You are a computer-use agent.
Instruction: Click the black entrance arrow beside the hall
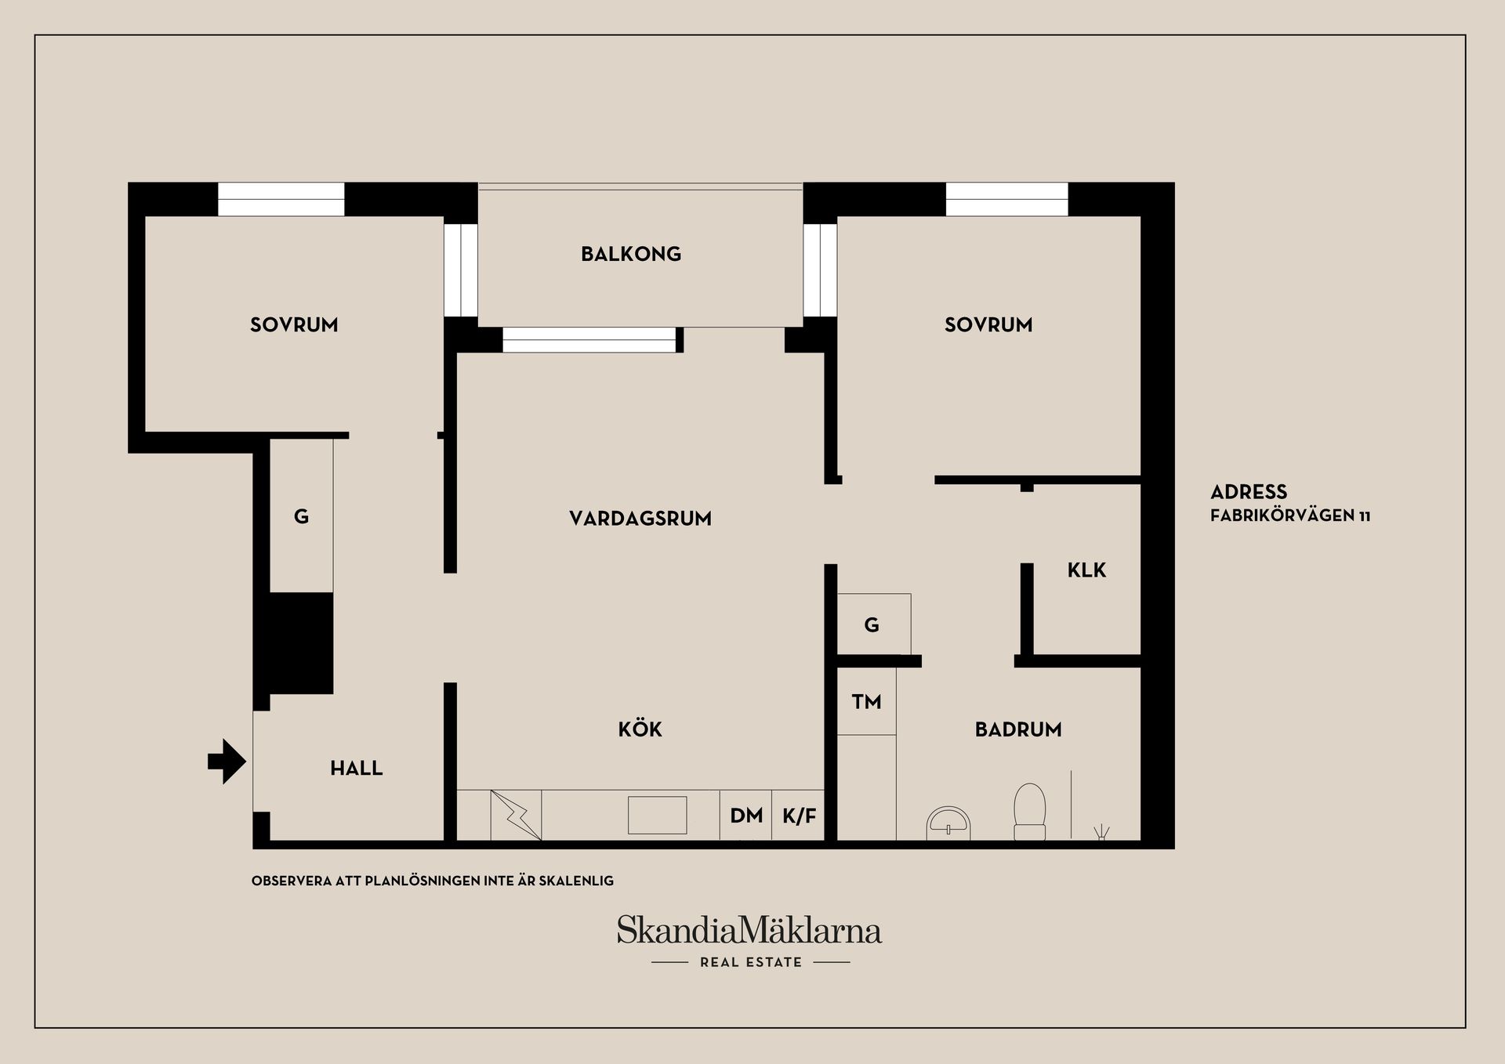(x=227, y=761)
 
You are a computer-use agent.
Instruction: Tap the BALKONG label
(x=631, y=254)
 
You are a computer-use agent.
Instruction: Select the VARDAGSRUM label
(x=640, y=518)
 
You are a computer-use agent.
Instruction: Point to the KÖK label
(x=640, y=729)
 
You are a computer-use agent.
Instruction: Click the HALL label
(x=357, y=768)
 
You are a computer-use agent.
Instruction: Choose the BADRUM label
(x=1018, y=729)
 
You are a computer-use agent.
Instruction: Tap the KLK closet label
(x=1086, y=570)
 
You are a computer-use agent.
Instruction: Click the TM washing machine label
(x=866, y=701)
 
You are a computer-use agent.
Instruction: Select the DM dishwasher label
(x=746, y=816)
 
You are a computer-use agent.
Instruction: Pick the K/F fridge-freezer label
(x=800, y=816)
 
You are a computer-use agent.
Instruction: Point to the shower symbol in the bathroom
(x=1102, y=832)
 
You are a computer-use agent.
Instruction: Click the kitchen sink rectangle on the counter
(x=657, y=815)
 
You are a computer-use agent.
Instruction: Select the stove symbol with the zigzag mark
(x=516, y=815)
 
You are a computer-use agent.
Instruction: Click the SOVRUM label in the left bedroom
(x=294, y=324)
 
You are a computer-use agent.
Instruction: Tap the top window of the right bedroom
(x=1006, y=199)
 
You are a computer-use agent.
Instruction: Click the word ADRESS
(x=1249, y=492)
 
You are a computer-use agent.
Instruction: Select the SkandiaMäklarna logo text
(x=749, y=931)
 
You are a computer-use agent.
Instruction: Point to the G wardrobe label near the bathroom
(x=872, y=624)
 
